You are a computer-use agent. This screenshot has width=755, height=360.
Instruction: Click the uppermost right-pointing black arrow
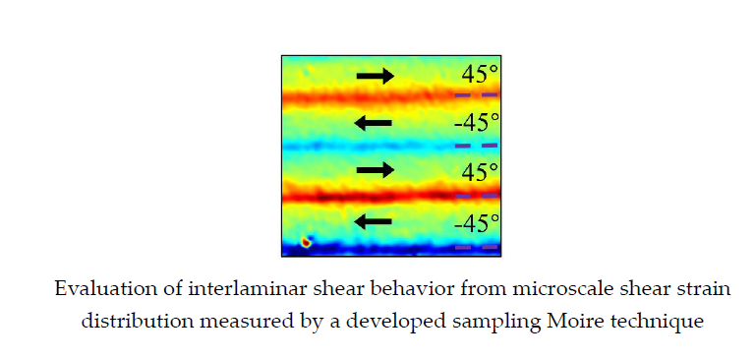click(x=375, y=76)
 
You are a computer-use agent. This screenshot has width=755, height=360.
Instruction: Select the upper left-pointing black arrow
click(x=374, y=123)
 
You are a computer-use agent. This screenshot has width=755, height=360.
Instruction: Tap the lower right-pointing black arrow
click(x=375, y=170)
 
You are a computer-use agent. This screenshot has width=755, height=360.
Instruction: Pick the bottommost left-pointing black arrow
click(x=374, y=221)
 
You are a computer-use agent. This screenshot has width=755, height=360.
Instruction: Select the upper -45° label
click(x=477, y=123)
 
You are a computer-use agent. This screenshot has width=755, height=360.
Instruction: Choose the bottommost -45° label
click(x=477, y=222)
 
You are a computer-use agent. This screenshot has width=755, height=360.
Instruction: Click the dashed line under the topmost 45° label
click(x=477, y=95)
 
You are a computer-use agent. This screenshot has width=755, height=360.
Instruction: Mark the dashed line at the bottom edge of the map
click(x=477, y=248)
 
